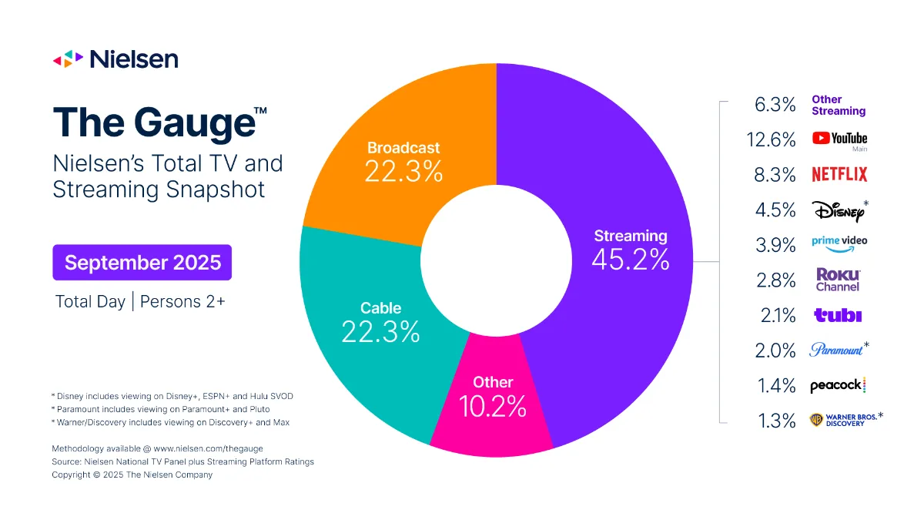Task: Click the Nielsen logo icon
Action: click(x=67, y=59)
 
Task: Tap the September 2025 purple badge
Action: click(x=142, y=262)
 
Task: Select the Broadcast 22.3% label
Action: click(x=403, y=161)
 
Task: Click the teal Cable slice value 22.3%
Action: click(x=380, y=332)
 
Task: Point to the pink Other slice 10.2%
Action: click(x=493, y=397)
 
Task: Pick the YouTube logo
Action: click(x=839, y=139)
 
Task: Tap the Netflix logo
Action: click(x=839, y=175)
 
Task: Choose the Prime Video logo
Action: click(x=839, y=241)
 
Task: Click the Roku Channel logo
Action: click(x=838, y=280)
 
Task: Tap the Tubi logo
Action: click(x=838, y=315)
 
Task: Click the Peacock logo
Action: click(x=838, y=386)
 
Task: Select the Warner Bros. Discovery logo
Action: click(x=842, y=420)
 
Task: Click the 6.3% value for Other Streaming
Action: click(x=775, y=105)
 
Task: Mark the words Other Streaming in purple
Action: click(x=839, y=105)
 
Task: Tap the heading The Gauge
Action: click(x=154, y=123)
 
